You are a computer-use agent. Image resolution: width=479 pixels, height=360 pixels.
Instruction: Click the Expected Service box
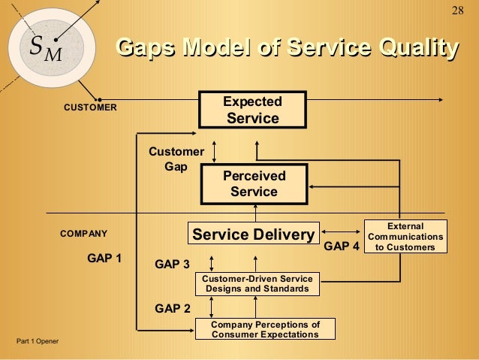pyautogui.click(x=252, y=110)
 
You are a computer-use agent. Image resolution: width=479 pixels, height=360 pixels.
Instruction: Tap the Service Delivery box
pyautogui.click(x=253, y=235)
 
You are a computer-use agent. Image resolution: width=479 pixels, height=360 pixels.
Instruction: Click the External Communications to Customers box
pyautogui.click(x=405, y=236)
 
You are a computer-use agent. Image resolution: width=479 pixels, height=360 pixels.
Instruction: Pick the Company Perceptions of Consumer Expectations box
pyautogui.click(x=265, y=329)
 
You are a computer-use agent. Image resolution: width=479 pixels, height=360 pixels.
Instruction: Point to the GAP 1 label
pyautogui.click(x=105, y=258)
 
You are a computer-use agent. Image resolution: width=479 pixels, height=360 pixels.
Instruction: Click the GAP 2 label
pyautogui.click(x=172, y=307)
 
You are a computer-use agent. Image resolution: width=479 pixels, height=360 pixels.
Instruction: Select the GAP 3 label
pyautogui.click(x=172, y=264)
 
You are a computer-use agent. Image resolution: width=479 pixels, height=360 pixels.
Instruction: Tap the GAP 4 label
pyautogui.click(x=342, y=246)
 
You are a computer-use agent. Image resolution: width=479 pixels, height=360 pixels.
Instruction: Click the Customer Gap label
pyautogui.click(x=176, y=159)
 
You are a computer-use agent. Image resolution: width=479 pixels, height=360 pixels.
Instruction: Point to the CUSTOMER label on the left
pyautogui.click(x=89, y=107)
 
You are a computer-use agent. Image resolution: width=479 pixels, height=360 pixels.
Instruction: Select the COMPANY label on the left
pyautogui.click(x=84, y=233)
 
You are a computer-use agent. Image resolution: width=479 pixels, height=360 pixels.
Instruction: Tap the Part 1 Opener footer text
pyautogui.click(x=38, y=342)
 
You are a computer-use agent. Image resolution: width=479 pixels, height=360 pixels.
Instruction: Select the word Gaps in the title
pyautogui.click(x=143, y=49)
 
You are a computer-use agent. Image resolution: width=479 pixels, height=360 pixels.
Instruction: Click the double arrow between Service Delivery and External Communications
pyautogui.click(x=342, y=231)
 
